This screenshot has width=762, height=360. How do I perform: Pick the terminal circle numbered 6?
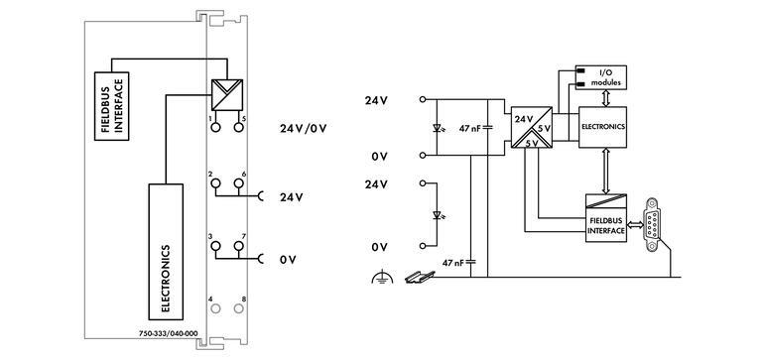point(238,185)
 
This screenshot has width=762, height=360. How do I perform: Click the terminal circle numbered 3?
point(212,248)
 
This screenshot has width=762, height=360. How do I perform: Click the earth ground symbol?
point(377,282)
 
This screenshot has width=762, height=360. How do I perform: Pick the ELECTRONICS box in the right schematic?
point(603,128)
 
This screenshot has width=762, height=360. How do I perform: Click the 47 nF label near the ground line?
point(452,263)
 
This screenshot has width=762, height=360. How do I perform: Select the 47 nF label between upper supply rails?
point(472,128)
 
